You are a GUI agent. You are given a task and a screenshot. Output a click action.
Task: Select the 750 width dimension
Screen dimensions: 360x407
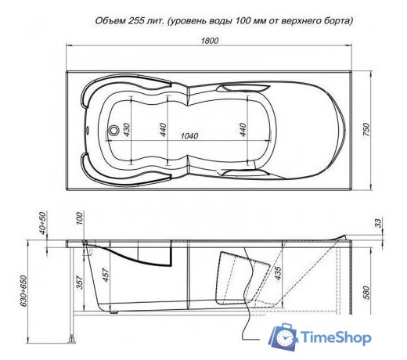pos(365,131)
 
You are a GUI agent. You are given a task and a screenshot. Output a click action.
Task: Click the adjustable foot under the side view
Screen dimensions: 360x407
pos(73,339)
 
